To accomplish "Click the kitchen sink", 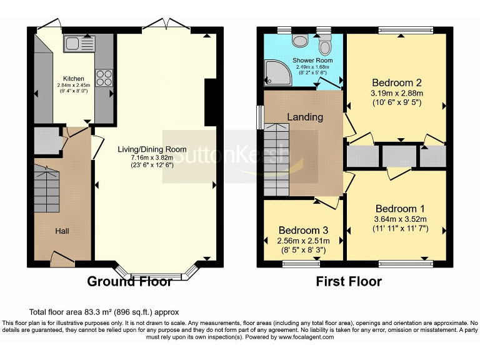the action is (79, 44).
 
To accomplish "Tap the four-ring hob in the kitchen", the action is (104, 78).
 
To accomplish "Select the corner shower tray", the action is (278, 73).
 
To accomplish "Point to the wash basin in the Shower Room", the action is (300, 41).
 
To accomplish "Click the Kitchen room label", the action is (74, 79).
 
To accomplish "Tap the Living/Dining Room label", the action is (152, 149).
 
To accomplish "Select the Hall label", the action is (62, 231).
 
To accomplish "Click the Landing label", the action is (305, 117).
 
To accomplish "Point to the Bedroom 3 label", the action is (303, 230).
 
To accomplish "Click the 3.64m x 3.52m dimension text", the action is (400, 219).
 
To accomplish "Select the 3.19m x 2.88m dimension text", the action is (397, 93).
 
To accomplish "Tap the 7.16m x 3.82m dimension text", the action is (152, 157).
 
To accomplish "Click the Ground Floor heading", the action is (129, 281).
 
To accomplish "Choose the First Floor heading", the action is (349, 281).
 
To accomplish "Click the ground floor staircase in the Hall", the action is (46, 189).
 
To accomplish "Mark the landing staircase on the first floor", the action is (276, 159).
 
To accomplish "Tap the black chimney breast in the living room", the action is (210, 102).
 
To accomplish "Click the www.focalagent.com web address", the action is (306, 337).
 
